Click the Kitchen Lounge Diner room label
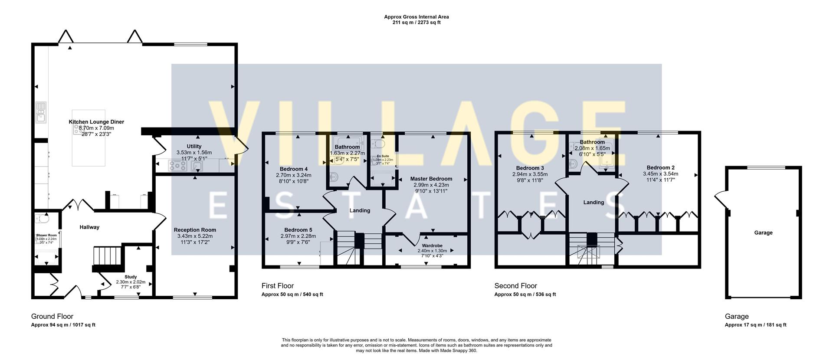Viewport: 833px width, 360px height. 96,122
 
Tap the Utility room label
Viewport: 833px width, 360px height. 194,147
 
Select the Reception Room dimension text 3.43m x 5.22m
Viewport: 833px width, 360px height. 195,236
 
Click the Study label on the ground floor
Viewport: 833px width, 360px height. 131,277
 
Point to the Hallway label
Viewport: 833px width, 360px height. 89,227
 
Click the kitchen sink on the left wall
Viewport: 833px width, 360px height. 41,113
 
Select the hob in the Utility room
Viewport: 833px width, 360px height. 177,165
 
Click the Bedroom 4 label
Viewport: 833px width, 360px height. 294,169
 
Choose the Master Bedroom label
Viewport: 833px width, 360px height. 431,179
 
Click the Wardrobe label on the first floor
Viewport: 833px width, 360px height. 432,245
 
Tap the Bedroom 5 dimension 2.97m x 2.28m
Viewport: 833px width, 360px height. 298,236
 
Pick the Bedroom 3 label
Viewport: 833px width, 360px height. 530,168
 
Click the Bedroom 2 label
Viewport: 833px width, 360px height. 660,168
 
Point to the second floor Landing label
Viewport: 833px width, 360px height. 594,203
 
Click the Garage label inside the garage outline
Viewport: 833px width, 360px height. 763,233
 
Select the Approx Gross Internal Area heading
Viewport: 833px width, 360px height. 416,17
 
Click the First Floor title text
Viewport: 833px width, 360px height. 278,286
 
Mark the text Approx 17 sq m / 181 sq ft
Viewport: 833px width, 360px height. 755,325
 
